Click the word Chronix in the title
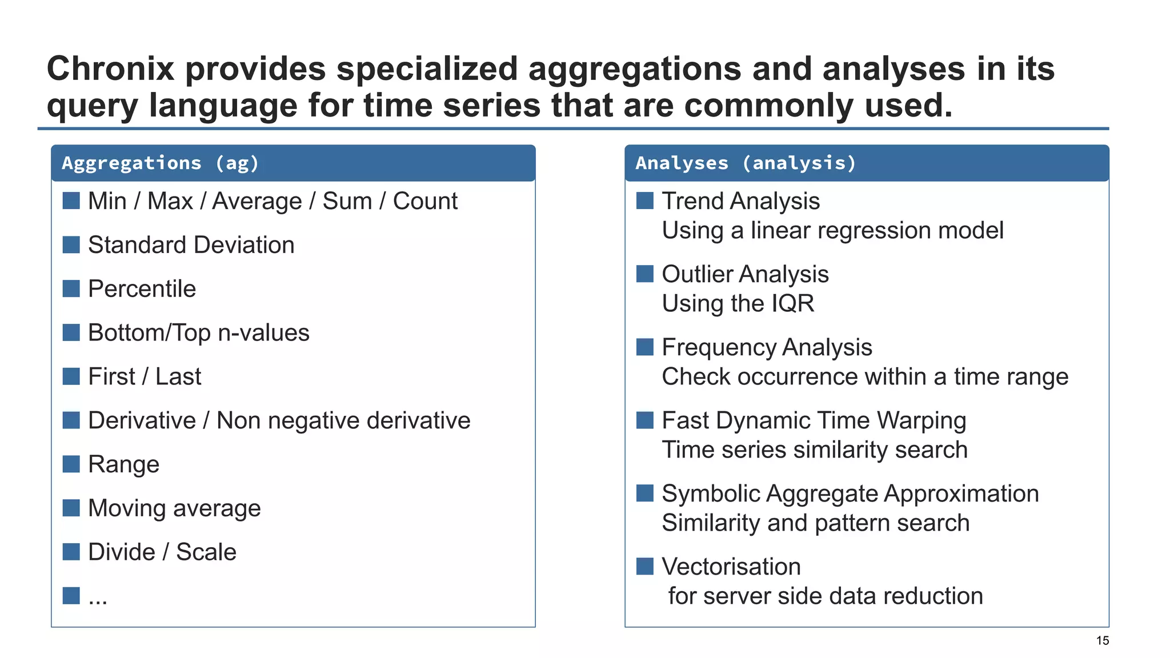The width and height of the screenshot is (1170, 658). [110, 69]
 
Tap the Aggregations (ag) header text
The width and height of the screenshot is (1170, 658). [160, 163]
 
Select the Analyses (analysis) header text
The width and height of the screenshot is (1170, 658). [746, 163]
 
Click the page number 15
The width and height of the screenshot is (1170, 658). [1102, 641]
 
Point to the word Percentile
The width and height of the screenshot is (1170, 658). [142, 289]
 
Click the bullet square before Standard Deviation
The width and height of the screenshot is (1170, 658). [71, 244]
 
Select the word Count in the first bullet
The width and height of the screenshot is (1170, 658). [425, 201]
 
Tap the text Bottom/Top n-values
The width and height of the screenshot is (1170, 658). [198, 333]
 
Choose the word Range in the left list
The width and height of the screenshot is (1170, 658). [123, 464]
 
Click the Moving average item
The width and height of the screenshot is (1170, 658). [174, 508]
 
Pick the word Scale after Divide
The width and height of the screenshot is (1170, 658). [206, 552]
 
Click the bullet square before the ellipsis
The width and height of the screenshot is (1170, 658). [71, 596]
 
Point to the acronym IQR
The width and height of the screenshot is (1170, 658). [792, 303]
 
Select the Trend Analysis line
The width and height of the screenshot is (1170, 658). [740, 201]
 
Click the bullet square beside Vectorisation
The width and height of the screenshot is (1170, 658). [644, 567]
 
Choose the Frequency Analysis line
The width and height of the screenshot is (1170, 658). [767, 347]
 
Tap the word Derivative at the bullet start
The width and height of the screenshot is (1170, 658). [142, 421]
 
